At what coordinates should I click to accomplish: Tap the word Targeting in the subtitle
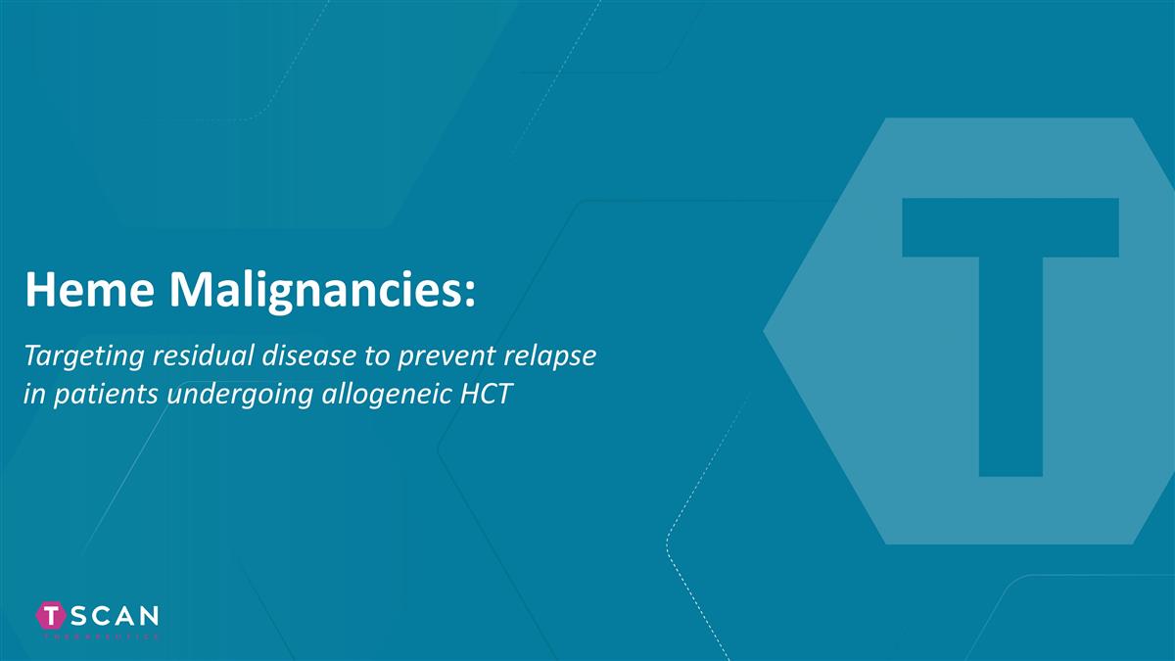[x=82, y=359]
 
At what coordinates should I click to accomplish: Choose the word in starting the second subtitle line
[x=31, y=396]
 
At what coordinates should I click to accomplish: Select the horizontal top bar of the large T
[x=1010, y=227]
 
